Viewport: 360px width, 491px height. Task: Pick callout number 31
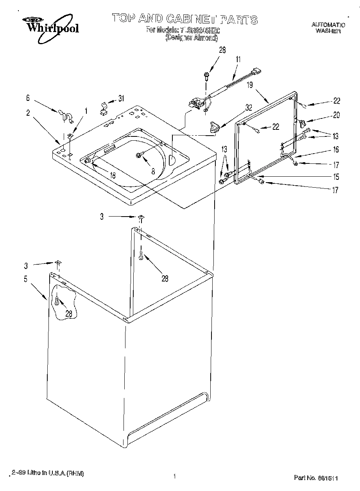click(121, 99)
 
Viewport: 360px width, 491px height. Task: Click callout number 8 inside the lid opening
click(153, 171)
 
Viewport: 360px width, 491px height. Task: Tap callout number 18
click(112, 176)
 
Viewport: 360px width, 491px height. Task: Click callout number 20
click(336, 115)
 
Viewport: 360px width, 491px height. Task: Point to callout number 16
click(336, 150)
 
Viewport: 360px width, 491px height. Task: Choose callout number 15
click(336, 177)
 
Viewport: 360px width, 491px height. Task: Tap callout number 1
click(86, 111)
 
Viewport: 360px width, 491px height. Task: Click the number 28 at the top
click(222, 50)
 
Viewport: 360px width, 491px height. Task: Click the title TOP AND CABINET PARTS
click(184, 18)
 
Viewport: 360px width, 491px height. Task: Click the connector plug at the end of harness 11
click(257, 72)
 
